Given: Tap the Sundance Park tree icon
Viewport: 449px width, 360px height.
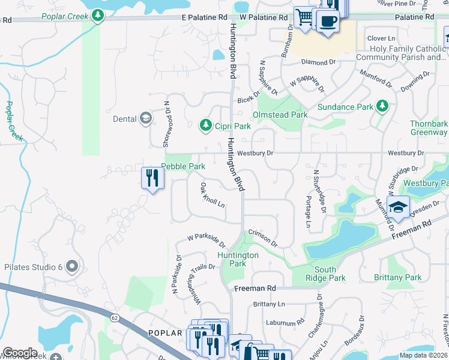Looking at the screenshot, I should (382, 107).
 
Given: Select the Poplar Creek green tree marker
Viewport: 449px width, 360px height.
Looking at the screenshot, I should (98, 16).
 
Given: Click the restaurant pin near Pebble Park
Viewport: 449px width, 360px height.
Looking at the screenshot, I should (152, 178).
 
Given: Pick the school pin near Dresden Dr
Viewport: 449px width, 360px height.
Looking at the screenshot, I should (398, 208).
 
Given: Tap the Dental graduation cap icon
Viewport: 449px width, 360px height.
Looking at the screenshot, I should (145, 118).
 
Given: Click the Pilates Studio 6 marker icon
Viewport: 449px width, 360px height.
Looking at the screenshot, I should (73, 265).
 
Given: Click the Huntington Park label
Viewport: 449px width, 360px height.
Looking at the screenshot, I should (238, 259).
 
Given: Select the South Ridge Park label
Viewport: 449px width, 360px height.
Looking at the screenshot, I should (325, 274).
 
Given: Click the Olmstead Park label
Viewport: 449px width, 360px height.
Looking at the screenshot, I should (280, 115).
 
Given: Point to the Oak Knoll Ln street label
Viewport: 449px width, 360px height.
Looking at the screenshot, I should (212, 195).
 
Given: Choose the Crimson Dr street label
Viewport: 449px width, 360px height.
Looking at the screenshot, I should (263, 238).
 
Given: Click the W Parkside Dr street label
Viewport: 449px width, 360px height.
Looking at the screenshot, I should (206, 241).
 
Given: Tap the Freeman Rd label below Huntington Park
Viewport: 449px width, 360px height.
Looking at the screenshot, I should (254, 289).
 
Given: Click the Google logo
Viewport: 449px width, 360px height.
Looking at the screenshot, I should (20, 353).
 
